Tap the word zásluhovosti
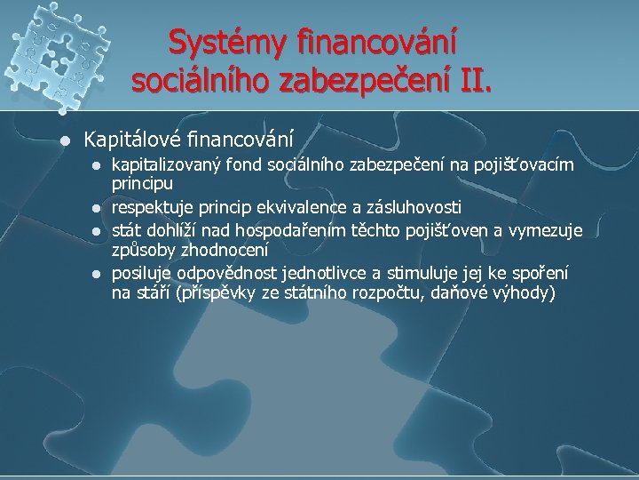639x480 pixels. point(414,208)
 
